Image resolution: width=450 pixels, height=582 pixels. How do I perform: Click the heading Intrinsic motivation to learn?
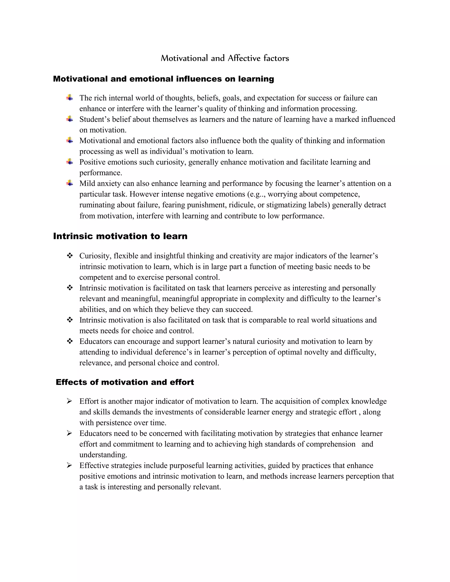(x=120, y=236)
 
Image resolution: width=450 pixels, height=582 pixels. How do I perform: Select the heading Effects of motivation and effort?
(x=125, y=382)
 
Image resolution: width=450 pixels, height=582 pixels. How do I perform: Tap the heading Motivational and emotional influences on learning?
(x=163, y=79)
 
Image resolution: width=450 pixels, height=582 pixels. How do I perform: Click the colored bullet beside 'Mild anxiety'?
(x=70, y=183)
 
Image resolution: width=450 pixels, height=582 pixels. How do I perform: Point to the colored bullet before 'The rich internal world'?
(x=70, y=97)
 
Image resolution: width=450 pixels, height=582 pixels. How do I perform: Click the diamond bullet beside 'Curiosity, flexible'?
(x=70, y=256)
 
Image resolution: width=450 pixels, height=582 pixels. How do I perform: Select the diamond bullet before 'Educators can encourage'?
(x=70, y=341)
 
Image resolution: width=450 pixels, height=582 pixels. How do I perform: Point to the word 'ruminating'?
(x=97, y=205)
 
